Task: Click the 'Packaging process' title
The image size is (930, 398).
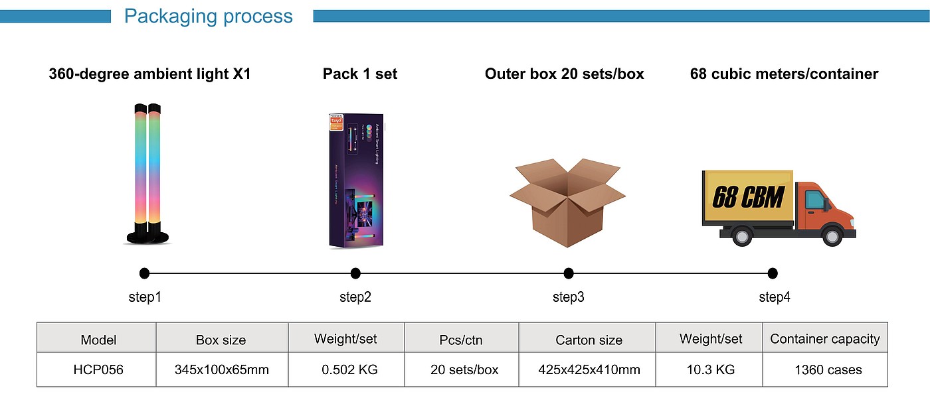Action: click(x=208, y=16)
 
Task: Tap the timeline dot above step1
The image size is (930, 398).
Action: click(x=145, y=273)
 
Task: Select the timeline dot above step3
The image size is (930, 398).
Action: click(x=569, y=273)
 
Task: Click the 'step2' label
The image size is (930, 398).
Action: click(x=355, y=297)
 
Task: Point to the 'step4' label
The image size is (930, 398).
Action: click(x=775, y=297)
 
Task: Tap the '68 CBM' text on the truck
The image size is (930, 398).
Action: click(x=749, y=197)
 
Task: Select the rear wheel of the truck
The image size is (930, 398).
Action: click(x=742, y=235)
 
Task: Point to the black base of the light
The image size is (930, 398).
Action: click(x=147, y=235)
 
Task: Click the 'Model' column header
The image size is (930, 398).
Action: click(x=98, y=340)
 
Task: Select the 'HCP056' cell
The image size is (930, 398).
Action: click(x=98, y=369)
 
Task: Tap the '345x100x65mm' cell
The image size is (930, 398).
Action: click(x=222, y=369)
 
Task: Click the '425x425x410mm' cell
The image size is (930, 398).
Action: click(x=589, y=369)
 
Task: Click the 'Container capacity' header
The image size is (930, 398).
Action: click(x=824, y=339)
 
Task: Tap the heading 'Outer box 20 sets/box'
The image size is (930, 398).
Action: click(x=564, y=74)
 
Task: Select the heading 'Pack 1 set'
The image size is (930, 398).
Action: click(x=360, y=74)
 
